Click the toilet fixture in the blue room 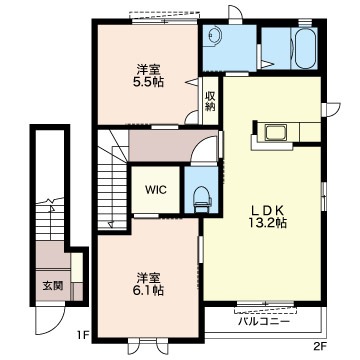202,199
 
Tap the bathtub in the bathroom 305,48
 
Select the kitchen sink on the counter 275,133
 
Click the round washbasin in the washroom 214,35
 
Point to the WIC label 156,190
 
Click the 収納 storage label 211,102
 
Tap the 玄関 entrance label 53,286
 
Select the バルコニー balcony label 264,322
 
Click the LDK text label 267,210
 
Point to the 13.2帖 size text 267,223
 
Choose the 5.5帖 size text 149,82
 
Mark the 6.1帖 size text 149,291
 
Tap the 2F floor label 319,347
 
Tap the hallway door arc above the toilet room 205,152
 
